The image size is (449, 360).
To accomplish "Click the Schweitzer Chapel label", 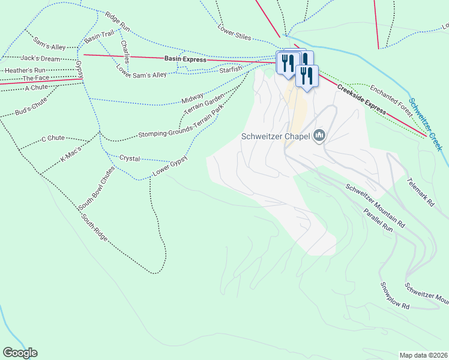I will [x=275, y=136].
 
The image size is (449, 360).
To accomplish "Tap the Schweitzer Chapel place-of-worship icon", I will [x=319, y=136].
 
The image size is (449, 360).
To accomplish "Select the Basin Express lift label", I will [x=185, y=59].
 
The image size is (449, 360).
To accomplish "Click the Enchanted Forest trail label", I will [x=390, y=99].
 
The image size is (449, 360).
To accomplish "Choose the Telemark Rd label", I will [x=420, y=192].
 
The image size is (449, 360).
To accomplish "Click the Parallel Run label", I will [x=378, y=220].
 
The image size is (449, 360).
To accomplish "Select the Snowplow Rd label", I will [x=394, y=296].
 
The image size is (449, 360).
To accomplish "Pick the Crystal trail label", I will [x=130, y=158].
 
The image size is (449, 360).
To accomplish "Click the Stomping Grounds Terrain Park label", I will [x=181, y=122].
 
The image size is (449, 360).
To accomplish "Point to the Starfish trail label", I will [x=231, y=70].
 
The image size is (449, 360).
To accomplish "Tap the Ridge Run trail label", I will [x=117, y=22].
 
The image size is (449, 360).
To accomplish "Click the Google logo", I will [x=20, y=353].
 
